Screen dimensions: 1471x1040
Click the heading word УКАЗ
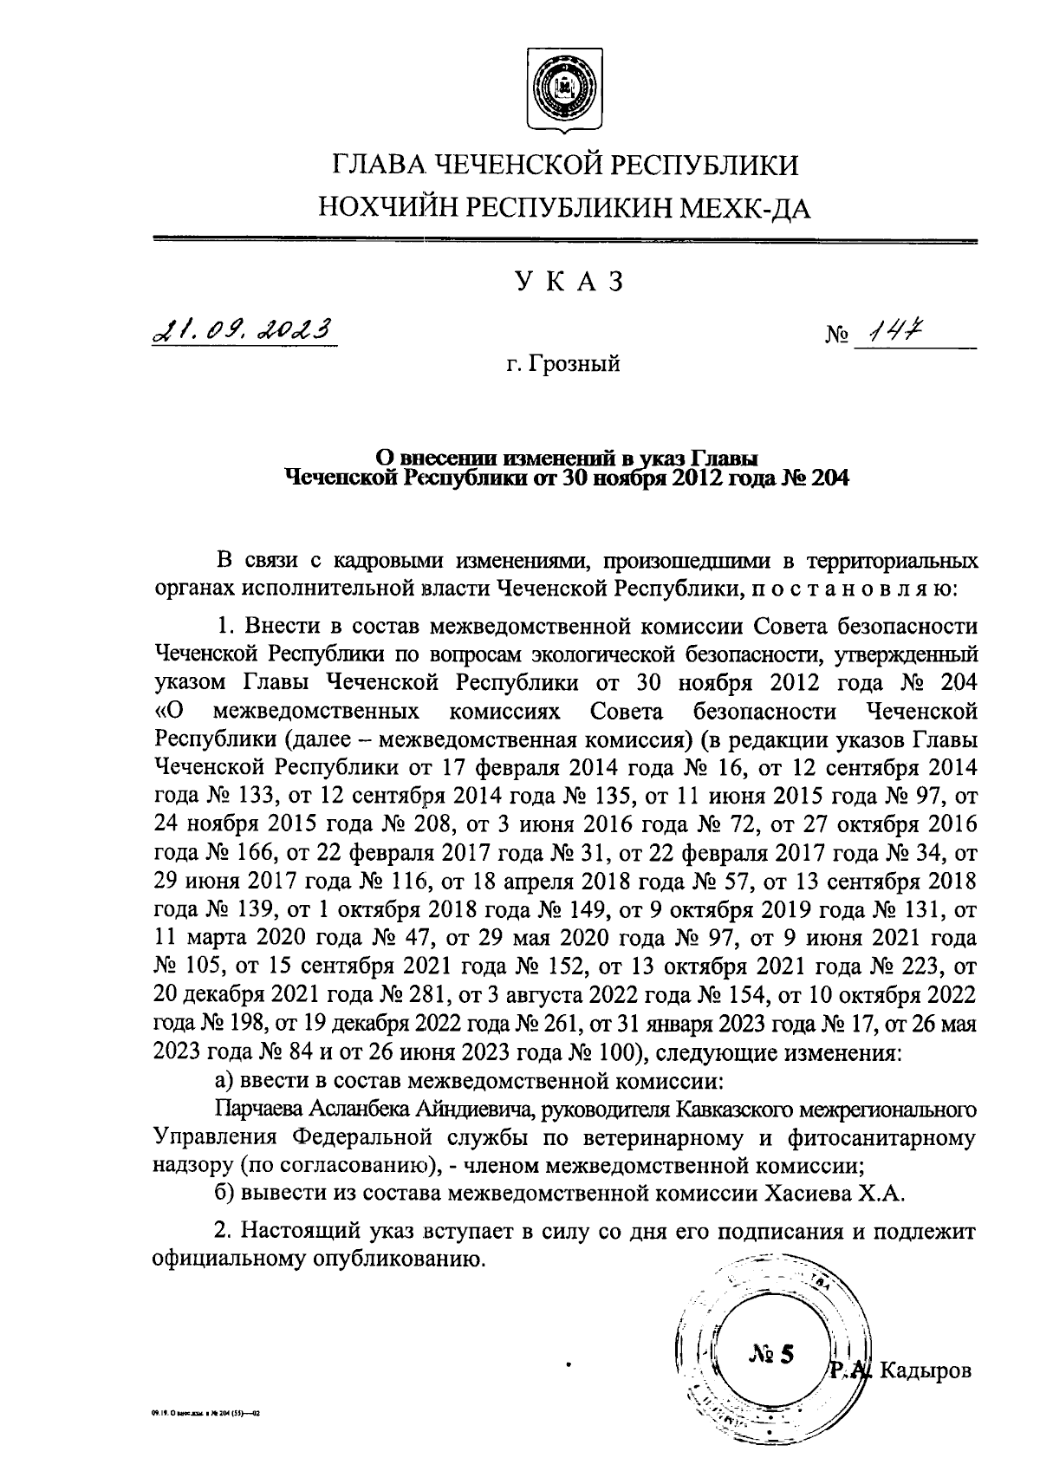569,283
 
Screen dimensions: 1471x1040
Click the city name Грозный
575,364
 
